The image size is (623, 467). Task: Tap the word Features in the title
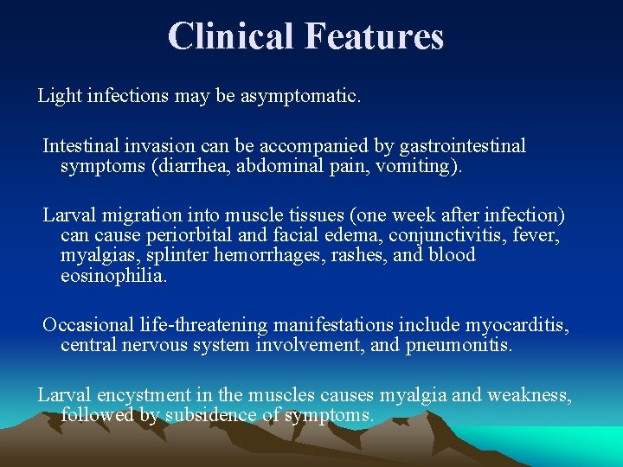[x=374, y=36]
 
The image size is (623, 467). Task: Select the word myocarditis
[x=517, y=325]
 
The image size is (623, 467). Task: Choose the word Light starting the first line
[x=59, y=96]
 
